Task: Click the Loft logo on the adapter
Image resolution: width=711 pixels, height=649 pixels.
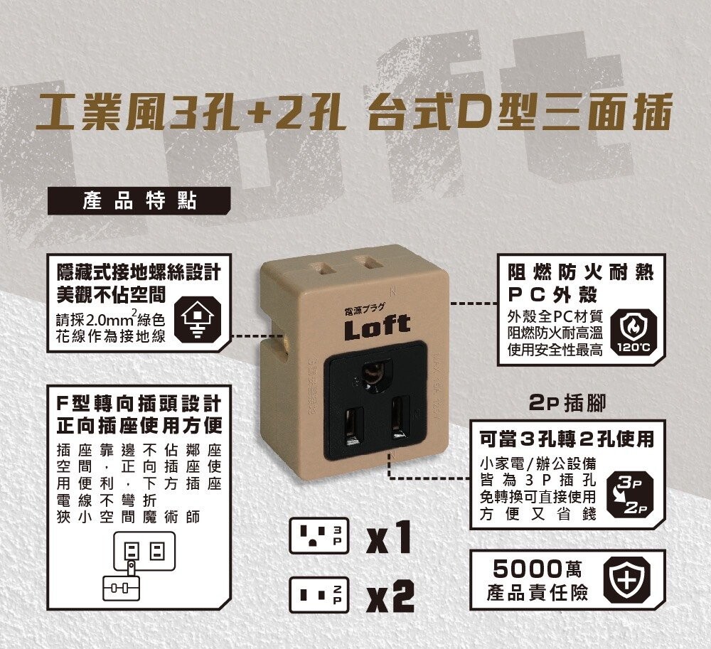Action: [x=378, y=326]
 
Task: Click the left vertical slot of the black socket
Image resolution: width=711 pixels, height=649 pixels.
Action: [x=353, y=426]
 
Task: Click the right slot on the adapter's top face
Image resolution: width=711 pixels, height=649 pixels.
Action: [x=368, y=263]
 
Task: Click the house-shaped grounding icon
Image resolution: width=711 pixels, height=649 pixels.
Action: [x=197, y=318]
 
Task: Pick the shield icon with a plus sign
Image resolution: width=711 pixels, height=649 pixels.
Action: [x=626, y=579]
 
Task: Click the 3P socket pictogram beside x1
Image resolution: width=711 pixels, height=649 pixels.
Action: [x=319, y=535]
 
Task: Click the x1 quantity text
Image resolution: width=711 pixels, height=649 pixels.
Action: [x=390, y=537]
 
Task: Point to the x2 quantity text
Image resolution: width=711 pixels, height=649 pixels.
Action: [x=390, y=596]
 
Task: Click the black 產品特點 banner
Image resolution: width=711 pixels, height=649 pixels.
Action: [x=139, y=201]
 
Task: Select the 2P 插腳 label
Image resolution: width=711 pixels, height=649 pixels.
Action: [x=567, y=403]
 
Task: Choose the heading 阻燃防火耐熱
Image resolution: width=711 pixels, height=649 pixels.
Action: [x=581, y=273]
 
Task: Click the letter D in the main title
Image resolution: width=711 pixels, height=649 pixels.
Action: [x=471, y=112]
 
